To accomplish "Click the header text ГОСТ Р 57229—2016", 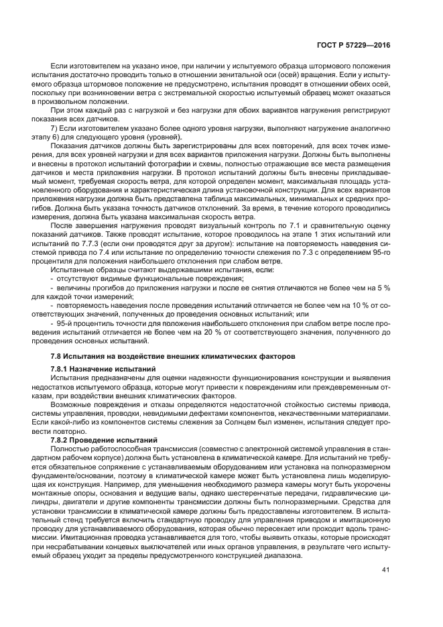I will pos(355,46).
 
